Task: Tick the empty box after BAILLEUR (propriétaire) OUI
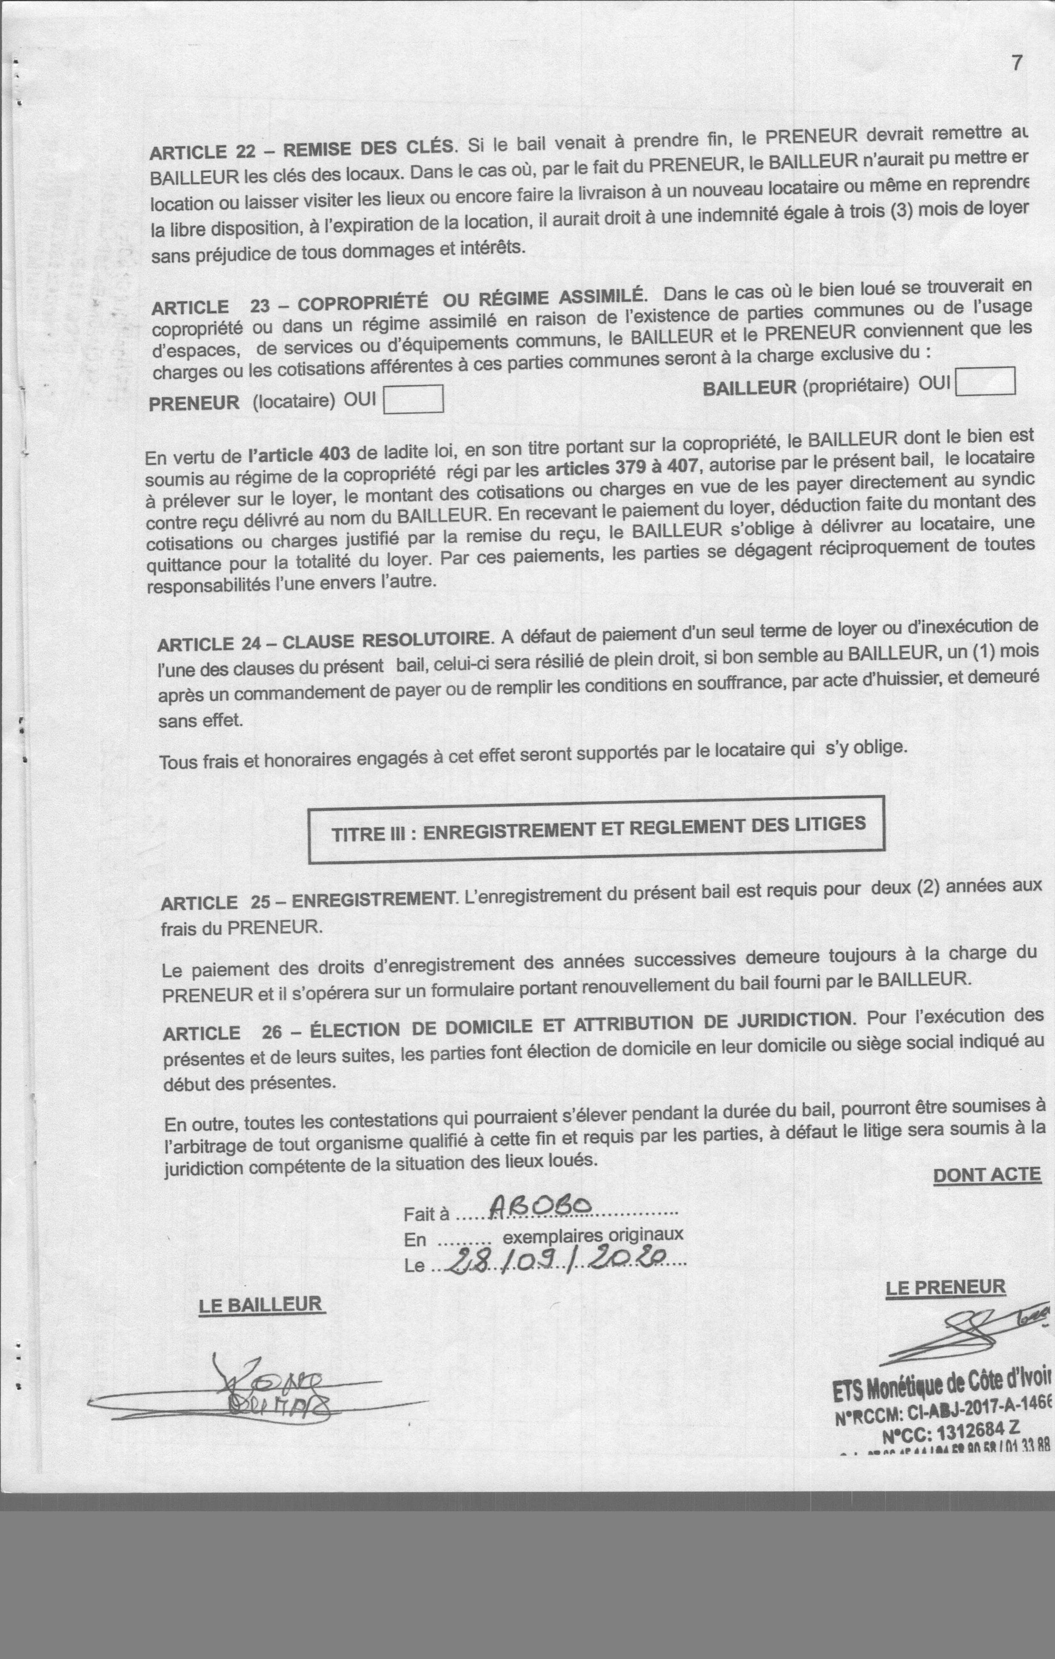(986, 381)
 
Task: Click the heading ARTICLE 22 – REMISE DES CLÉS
(303, 149)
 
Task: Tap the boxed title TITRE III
(597, 829)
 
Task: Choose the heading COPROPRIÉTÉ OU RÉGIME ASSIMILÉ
(472, 301)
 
